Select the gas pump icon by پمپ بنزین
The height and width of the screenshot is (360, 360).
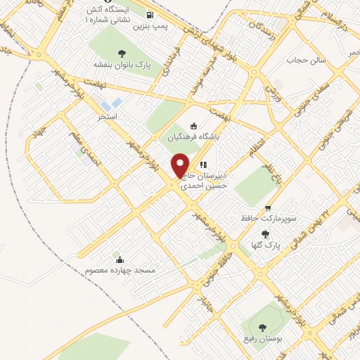click(x=150, y=15)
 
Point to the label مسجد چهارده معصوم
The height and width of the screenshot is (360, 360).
click(x=119, y=270)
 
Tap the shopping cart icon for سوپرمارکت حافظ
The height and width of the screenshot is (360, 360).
click(x=268, y=208)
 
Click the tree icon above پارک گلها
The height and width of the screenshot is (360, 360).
click(x=265, y=235)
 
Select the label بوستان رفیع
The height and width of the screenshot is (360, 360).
click(x=264, y=339)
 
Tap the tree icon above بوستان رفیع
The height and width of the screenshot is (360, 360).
click(x=262, y=327)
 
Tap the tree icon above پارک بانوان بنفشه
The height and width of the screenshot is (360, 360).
click(x=122, y=53)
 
